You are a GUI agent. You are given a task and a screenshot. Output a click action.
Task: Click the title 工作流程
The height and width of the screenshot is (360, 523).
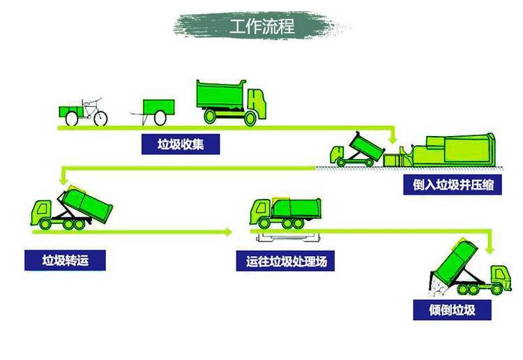coord(262,26)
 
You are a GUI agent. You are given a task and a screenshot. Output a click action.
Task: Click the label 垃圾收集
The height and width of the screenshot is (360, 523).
coord(181,144)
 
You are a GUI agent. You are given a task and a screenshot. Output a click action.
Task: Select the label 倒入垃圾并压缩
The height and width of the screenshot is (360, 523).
coord(453,184)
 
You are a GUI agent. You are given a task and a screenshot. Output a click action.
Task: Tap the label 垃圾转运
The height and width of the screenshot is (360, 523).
coord(65,260)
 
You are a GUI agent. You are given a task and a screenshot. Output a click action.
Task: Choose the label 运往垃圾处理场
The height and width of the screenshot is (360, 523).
coord(285,261)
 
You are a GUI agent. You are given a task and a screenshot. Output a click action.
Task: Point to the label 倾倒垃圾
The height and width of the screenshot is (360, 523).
coord(452,310)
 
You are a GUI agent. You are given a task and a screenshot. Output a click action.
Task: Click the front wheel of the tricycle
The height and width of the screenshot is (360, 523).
coord(100,119)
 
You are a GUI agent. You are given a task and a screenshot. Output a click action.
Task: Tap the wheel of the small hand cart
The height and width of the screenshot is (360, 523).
coord(160,118)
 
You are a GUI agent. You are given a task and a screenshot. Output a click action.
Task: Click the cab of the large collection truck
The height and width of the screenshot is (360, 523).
coord(257,102)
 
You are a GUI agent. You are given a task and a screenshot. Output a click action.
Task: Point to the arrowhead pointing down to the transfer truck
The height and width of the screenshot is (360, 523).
coord(63,180)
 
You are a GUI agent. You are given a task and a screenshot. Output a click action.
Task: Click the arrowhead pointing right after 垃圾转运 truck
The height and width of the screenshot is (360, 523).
coord(229,232)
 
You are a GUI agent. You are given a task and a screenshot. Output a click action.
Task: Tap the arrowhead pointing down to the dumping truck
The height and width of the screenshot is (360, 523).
coord(490,249)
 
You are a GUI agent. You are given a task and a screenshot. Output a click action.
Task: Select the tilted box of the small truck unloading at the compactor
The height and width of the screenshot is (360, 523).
coord(367,147)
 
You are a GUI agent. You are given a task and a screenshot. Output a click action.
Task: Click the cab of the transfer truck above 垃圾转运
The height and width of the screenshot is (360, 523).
coord(41,212)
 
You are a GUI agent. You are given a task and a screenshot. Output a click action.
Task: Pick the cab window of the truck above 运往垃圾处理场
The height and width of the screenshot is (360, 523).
coord(261,208)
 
